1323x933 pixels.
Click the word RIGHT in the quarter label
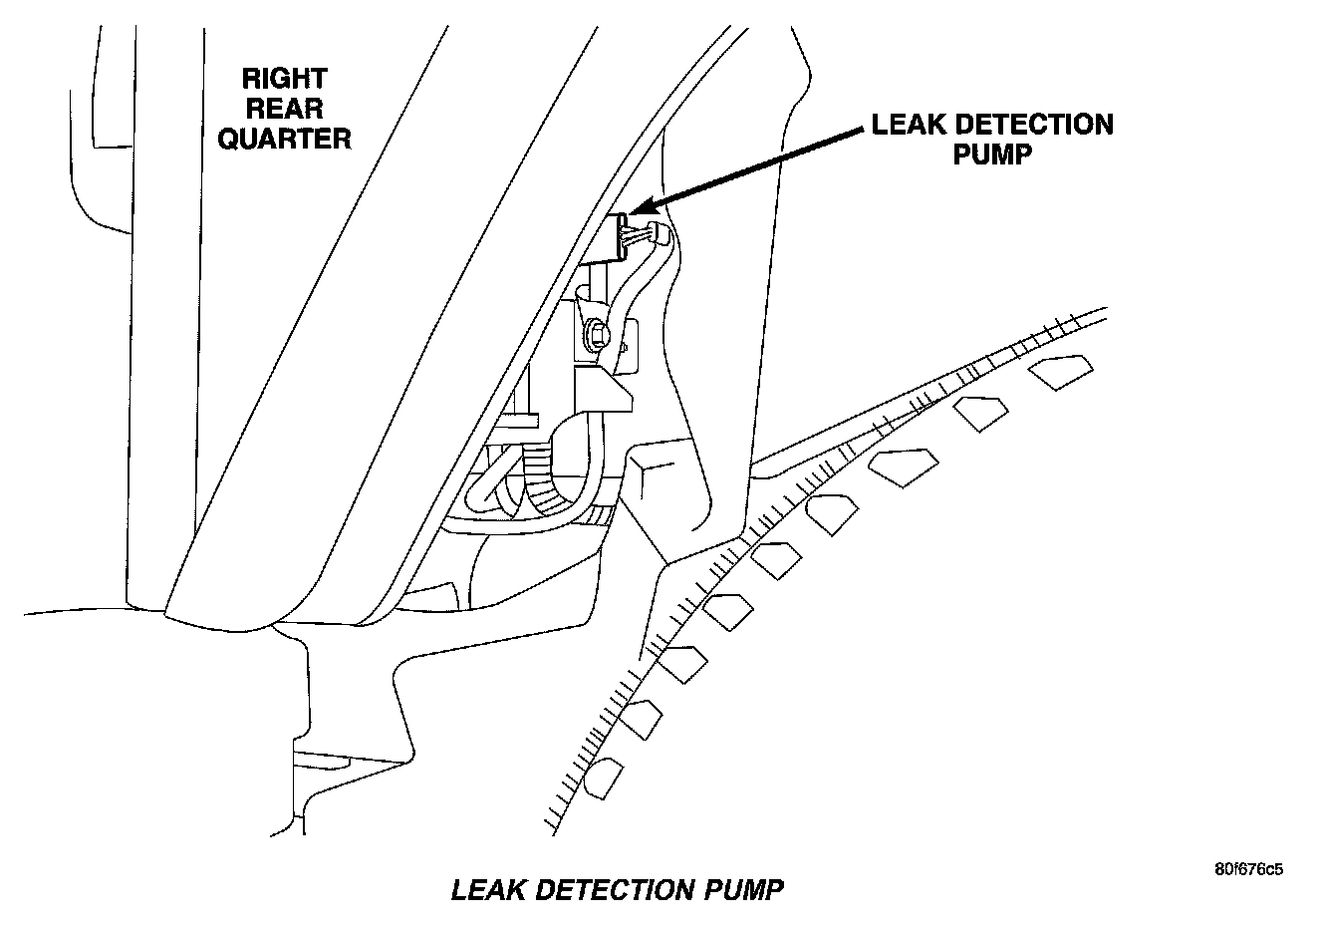(x=284, y=79)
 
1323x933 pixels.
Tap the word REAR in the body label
(x=284, y=109)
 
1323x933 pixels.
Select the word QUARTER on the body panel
(x=284, y=139)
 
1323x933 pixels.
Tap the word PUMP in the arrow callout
(x=992, y=155)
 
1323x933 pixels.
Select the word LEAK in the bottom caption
(x=485, y=889)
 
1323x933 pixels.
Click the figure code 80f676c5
(x=1249, y=868)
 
